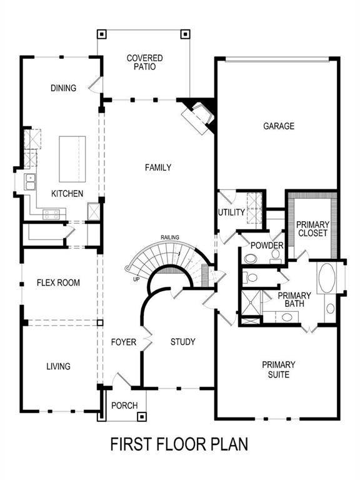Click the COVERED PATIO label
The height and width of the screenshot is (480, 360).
(144, 62)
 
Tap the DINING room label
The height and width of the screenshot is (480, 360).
(63, 88)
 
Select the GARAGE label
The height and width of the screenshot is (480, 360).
(278, 126)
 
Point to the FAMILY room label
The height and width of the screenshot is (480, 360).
(157, 167)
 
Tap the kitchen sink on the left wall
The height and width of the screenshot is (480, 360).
(29, 182)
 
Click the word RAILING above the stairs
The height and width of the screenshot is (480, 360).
(170, 237)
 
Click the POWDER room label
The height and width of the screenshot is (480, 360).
(267, 245)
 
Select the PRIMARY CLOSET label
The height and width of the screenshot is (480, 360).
(312, 229)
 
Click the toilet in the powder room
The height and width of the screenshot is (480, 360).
(251, 257)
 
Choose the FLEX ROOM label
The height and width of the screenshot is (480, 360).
(58, 282)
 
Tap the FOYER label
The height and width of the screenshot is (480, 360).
(124, 342)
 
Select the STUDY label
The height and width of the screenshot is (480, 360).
(183, 342)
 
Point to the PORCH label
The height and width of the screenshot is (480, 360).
(124, 406)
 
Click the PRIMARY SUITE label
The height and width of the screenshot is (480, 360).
(279, 369)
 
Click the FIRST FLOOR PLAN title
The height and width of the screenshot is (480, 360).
(179, 444)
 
